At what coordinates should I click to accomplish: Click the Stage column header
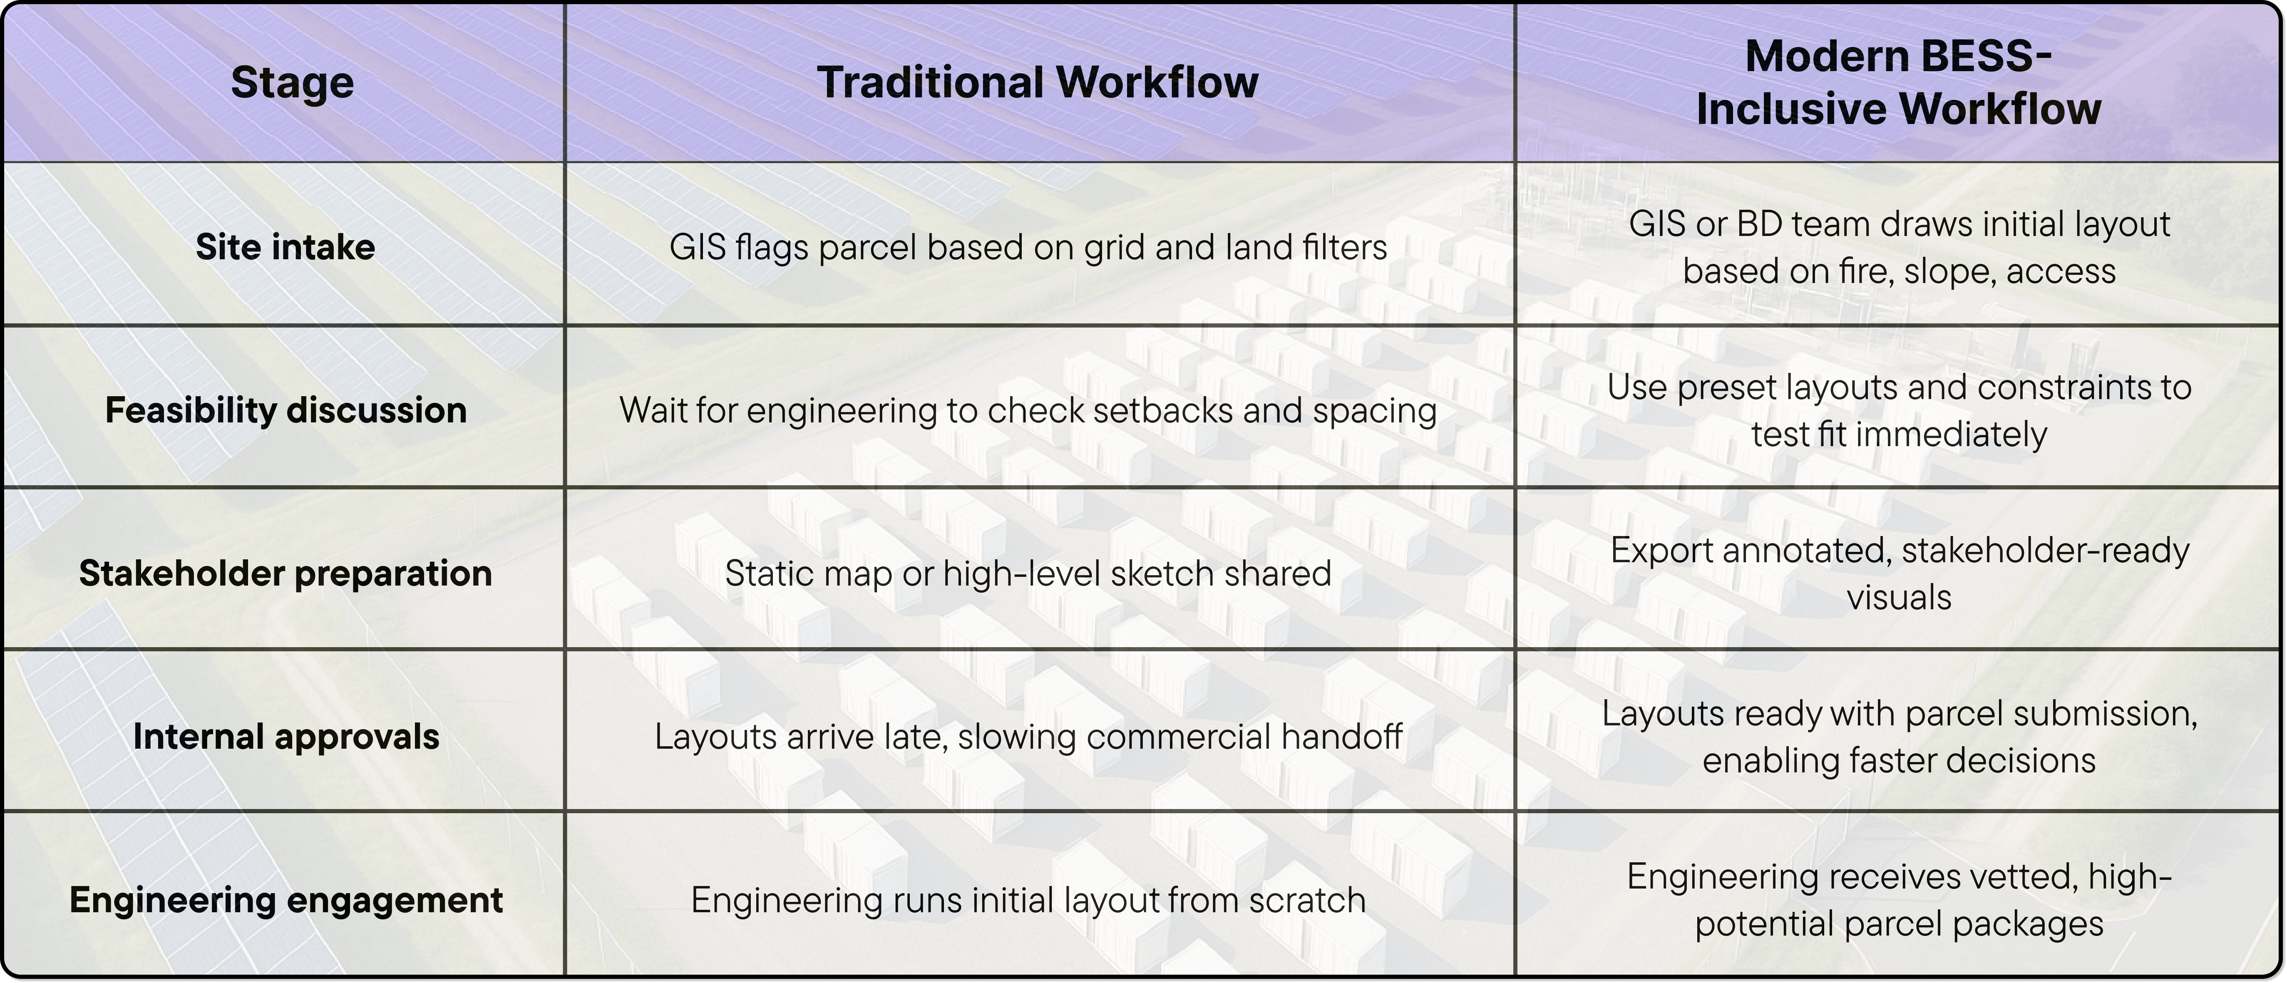click(x=292, y=82)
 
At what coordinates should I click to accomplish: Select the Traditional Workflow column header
click(x=1037, y=82)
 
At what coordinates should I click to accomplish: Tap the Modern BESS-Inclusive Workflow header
click(x=1898, y=82)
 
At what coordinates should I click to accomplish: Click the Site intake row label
click(x=285, y=247)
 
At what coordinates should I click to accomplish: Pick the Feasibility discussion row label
click(x=285, y=410)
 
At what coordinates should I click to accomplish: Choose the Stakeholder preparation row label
click(x=285, y=573)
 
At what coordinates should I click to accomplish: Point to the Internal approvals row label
click(x=285, y=737)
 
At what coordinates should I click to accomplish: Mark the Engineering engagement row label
click(x=285, y=901)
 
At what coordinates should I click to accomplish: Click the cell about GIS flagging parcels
click(x=1027, y=247)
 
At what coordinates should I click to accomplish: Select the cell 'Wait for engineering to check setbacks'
click(x=1027, y=410)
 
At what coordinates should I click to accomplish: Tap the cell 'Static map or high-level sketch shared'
click(x=1027, y=573)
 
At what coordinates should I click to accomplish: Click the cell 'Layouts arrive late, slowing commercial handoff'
click(x=1027, y=737)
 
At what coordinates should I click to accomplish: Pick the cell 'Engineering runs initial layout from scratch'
click(x=1027, y=901)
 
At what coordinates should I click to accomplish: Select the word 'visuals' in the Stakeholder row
click(x=1899, y=598)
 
